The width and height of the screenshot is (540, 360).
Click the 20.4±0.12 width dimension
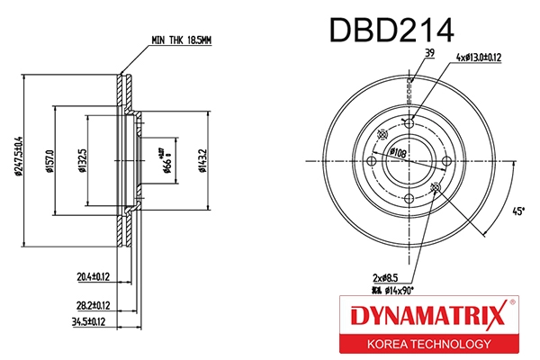(x=94, y=276)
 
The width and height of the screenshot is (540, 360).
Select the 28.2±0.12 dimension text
(x=94, y=305)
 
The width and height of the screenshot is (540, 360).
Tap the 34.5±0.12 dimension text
(x=94, y=320)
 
